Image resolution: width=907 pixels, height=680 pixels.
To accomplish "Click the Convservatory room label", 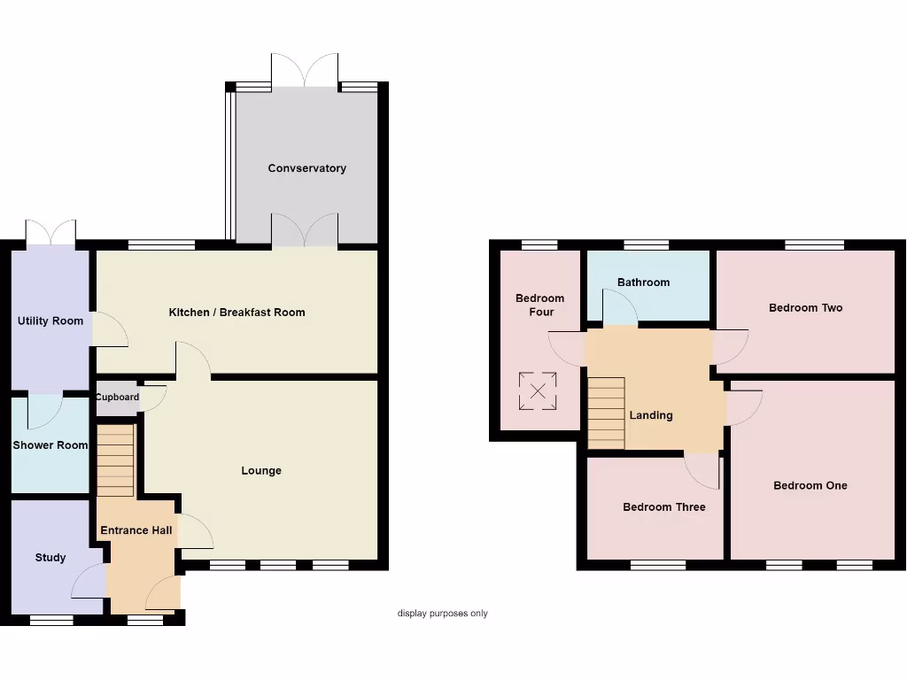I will [x=306, y=168].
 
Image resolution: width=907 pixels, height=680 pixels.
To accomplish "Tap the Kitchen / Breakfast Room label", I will [x=236, y=313].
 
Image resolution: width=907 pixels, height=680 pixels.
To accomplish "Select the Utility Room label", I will [x=50, y=321].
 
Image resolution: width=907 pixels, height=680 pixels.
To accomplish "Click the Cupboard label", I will [x=118, y=398].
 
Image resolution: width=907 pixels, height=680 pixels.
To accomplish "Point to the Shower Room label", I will [x=50, y=445].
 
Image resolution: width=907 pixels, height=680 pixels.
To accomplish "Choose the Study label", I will [x=50, y=558].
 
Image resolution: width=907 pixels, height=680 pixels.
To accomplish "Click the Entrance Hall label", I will [x=136, y=530].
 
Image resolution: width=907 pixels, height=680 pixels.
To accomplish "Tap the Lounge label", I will [x=261, y=471].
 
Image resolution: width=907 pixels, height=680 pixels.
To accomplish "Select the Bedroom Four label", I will [x=540, y=305].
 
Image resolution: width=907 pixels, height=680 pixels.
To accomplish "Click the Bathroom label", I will [x=643, y=282].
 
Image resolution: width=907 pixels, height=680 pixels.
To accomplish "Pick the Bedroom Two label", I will [x=805, y=308].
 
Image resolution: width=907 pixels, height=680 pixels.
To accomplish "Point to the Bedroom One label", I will [x=810, y=486].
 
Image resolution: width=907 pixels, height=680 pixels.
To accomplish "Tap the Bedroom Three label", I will [x=663, y=507].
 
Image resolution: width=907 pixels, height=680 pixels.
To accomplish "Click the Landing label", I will [x=651, y=415].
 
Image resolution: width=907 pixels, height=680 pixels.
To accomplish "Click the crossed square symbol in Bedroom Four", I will [x=537, y=391].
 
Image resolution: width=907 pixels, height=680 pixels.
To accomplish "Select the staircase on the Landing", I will [x=607, y=413].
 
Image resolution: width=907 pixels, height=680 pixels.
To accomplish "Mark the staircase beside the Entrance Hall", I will [x=115, y=460].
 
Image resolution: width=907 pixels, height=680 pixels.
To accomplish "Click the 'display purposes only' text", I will [x=442, y=614].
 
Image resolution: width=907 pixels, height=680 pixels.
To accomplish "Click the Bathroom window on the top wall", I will [x=646, y=245].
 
